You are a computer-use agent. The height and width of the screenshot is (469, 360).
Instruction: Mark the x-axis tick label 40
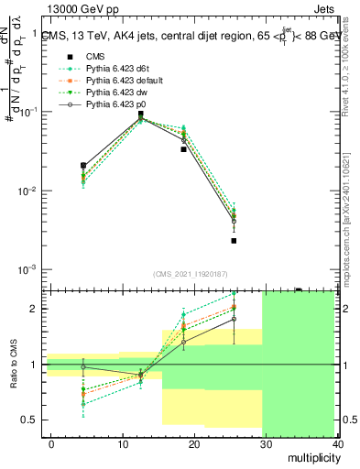(x=335, y=442)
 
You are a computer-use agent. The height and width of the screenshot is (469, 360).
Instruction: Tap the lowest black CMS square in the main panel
(x=235, y=241)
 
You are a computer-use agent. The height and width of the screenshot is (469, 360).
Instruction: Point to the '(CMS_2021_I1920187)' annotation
(x=191, y=274)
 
